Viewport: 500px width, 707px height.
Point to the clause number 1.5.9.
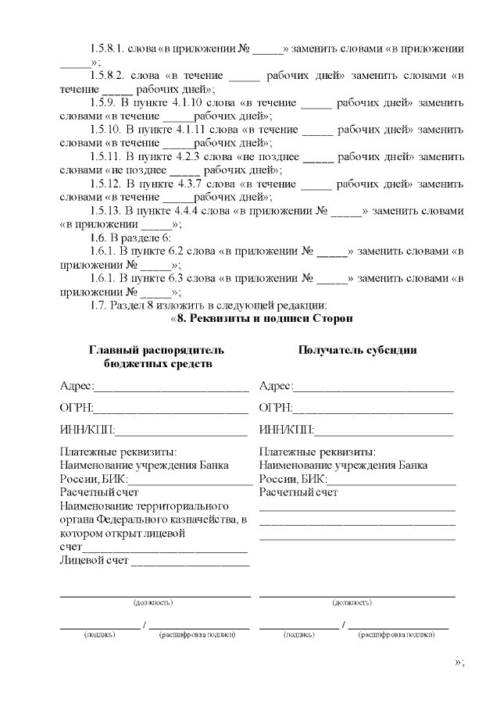(x=105, y=102)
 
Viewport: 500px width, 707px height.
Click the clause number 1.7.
(x=99, y=305)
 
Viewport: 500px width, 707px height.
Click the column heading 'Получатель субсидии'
(x=357, y=350)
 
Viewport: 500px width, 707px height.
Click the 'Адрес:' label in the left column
(x=77, y=386)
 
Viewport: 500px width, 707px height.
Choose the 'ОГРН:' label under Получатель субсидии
(x=276, y=407)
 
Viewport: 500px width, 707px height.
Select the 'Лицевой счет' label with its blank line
(x=154, y=559)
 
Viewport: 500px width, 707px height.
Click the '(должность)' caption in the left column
(x=153, y=603)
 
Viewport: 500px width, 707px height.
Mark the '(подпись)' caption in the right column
(x=300, y=634)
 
